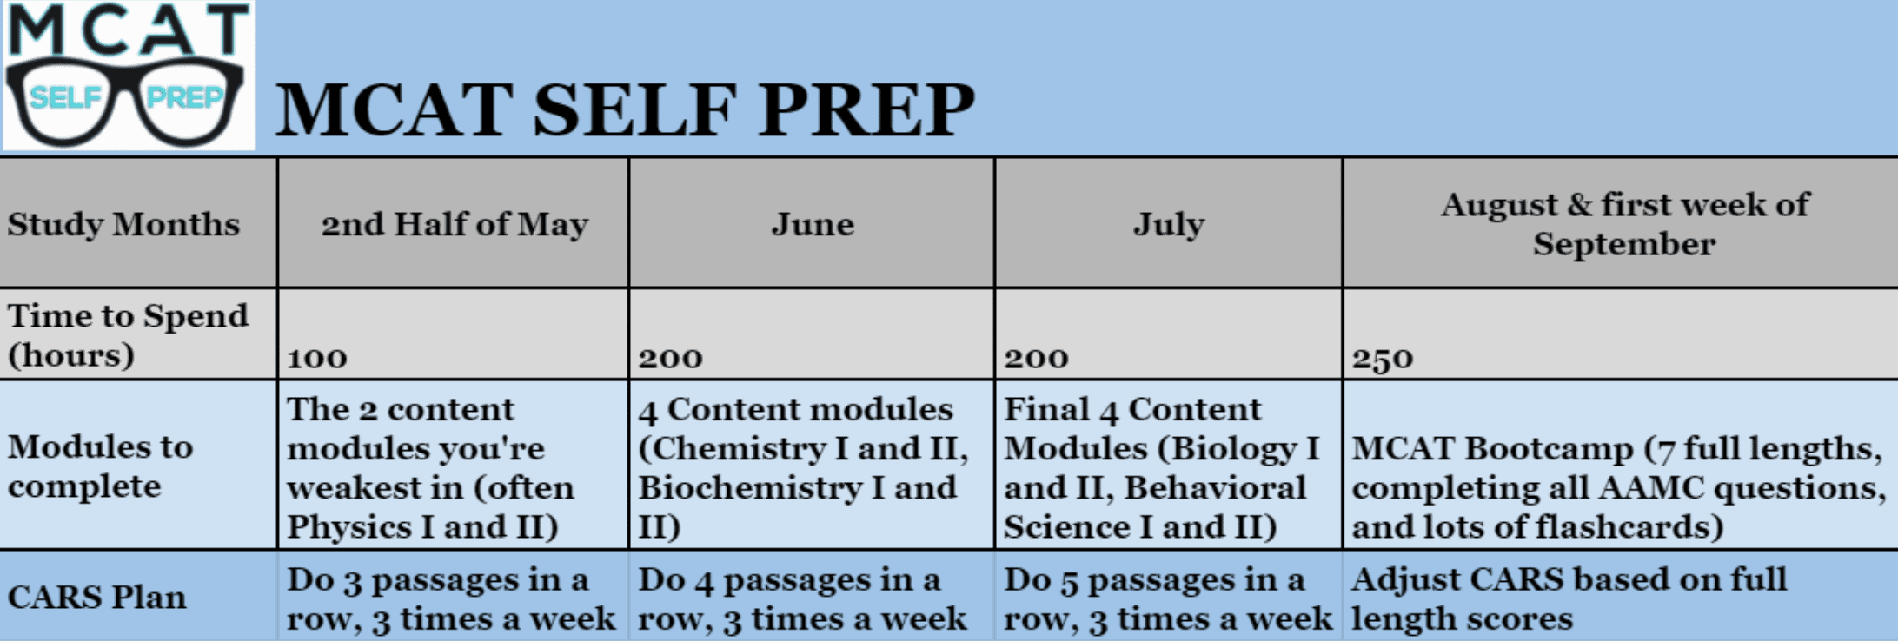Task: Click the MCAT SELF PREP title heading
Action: pos(625,109)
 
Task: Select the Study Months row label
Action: pos(123,224)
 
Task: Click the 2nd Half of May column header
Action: pos(455,224)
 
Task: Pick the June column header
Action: pos(813,224)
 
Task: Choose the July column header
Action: pos(1169,224)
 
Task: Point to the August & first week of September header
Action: pos(1623,224)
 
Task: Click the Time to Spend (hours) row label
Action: pos(128,335)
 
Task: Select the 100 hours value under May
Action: pos(317,358)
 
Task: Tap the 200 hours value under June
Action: pos(670,358)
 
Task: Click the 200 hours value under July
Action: pos(1036,358)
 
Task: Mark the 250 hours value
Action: pos(1382,358)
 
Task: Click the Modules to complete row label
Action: pos(101,466)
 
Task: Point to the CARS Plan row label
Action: pos(97,598)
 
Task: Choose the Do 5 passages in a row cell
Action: pos(1167,598)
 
